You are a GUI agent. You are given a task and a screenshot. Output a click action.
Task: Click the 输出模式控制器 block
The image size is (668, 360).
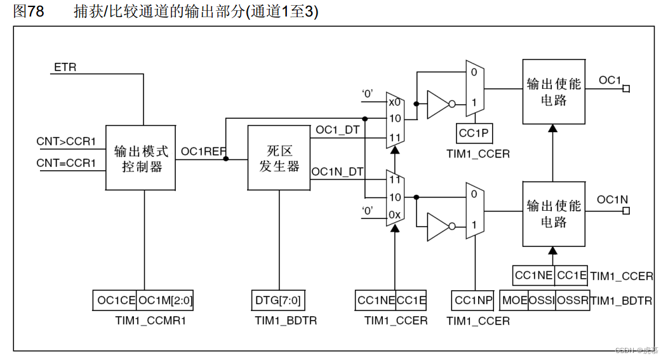(x=140, y=158)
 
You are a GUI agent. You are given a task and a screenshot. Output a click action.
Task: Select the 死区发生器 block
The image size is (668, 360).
(x=279, y=158)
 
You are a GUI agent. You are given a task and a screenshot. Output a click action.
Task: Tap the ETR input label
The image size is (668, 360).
(x=65, y=67)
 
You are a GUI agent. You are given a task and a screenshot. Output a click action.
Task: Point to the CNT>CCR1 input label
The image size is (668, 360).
(x=65, y=141)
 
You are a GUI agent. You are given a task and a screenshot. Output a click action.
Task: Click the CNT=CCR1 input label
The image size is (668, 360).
(x=65, y=163)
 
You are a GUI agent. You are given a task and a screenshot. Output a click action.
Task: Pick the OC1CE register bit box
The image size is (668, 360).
(x=114, y=300)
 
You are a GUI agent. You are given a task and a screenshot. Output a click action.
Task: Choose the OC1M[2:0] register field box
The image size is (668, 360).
(x=165, y=300)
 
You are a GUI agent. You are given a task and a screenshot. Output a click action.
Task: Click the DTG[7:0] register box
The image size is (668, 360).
(x=278, y=300)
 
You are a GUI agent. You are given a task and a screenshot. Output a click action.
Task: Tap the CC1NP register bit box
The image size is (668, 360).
(x=473, y=300)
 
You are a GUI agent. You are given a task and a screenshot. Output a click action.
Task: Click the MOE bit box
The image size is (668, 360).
(x=514, y=300)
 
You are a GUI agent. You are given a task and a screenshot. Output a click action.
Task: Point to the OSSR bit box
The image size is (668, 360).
(x=572, y=300)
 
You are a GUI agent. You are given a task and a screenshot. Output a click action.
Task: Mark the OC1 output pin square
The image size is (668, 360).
(x=626, y=89)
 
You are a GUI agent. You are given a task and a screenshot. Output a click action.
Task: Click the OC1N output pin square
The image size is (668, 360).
(x=626, y=211)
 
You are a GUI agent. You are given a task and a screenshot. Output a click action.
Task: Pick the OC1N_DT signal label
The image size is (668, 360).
(x=337, y=171)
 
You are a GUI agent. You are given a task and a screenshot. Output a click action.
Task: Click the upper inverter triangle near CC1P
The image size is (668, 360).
(x=439, y=103)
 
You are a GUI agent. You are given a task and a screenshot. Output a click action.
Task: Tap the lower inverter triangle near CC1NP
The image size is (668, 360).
(x=439, y=225)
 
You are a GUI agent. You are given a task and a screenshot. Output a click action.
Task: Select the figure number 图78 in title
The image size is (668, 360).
(x=29, y=11)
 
